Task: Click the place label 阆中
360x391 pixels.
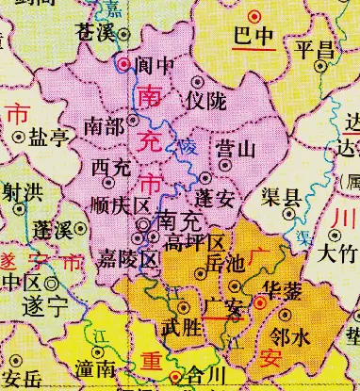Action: coord(157,66)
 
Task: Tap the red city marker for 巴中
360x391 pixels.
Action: coord(254,17)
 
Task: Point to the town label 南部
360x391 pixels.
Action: coord(104,123)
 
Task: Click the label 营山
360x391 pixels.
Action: coord(235,148)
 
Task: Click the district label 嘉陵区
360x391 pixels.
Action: coord(125,259)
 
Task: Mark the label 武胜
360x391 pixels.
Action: coord(180,328)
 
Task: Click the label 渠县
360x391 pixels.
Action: coord(280,199)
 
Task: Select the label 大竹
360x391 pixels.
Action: coord(336,253)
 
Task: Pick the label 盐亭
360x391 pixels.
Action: coord(50,138)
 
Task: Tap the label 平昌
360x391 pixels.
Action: coord(314,50)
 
